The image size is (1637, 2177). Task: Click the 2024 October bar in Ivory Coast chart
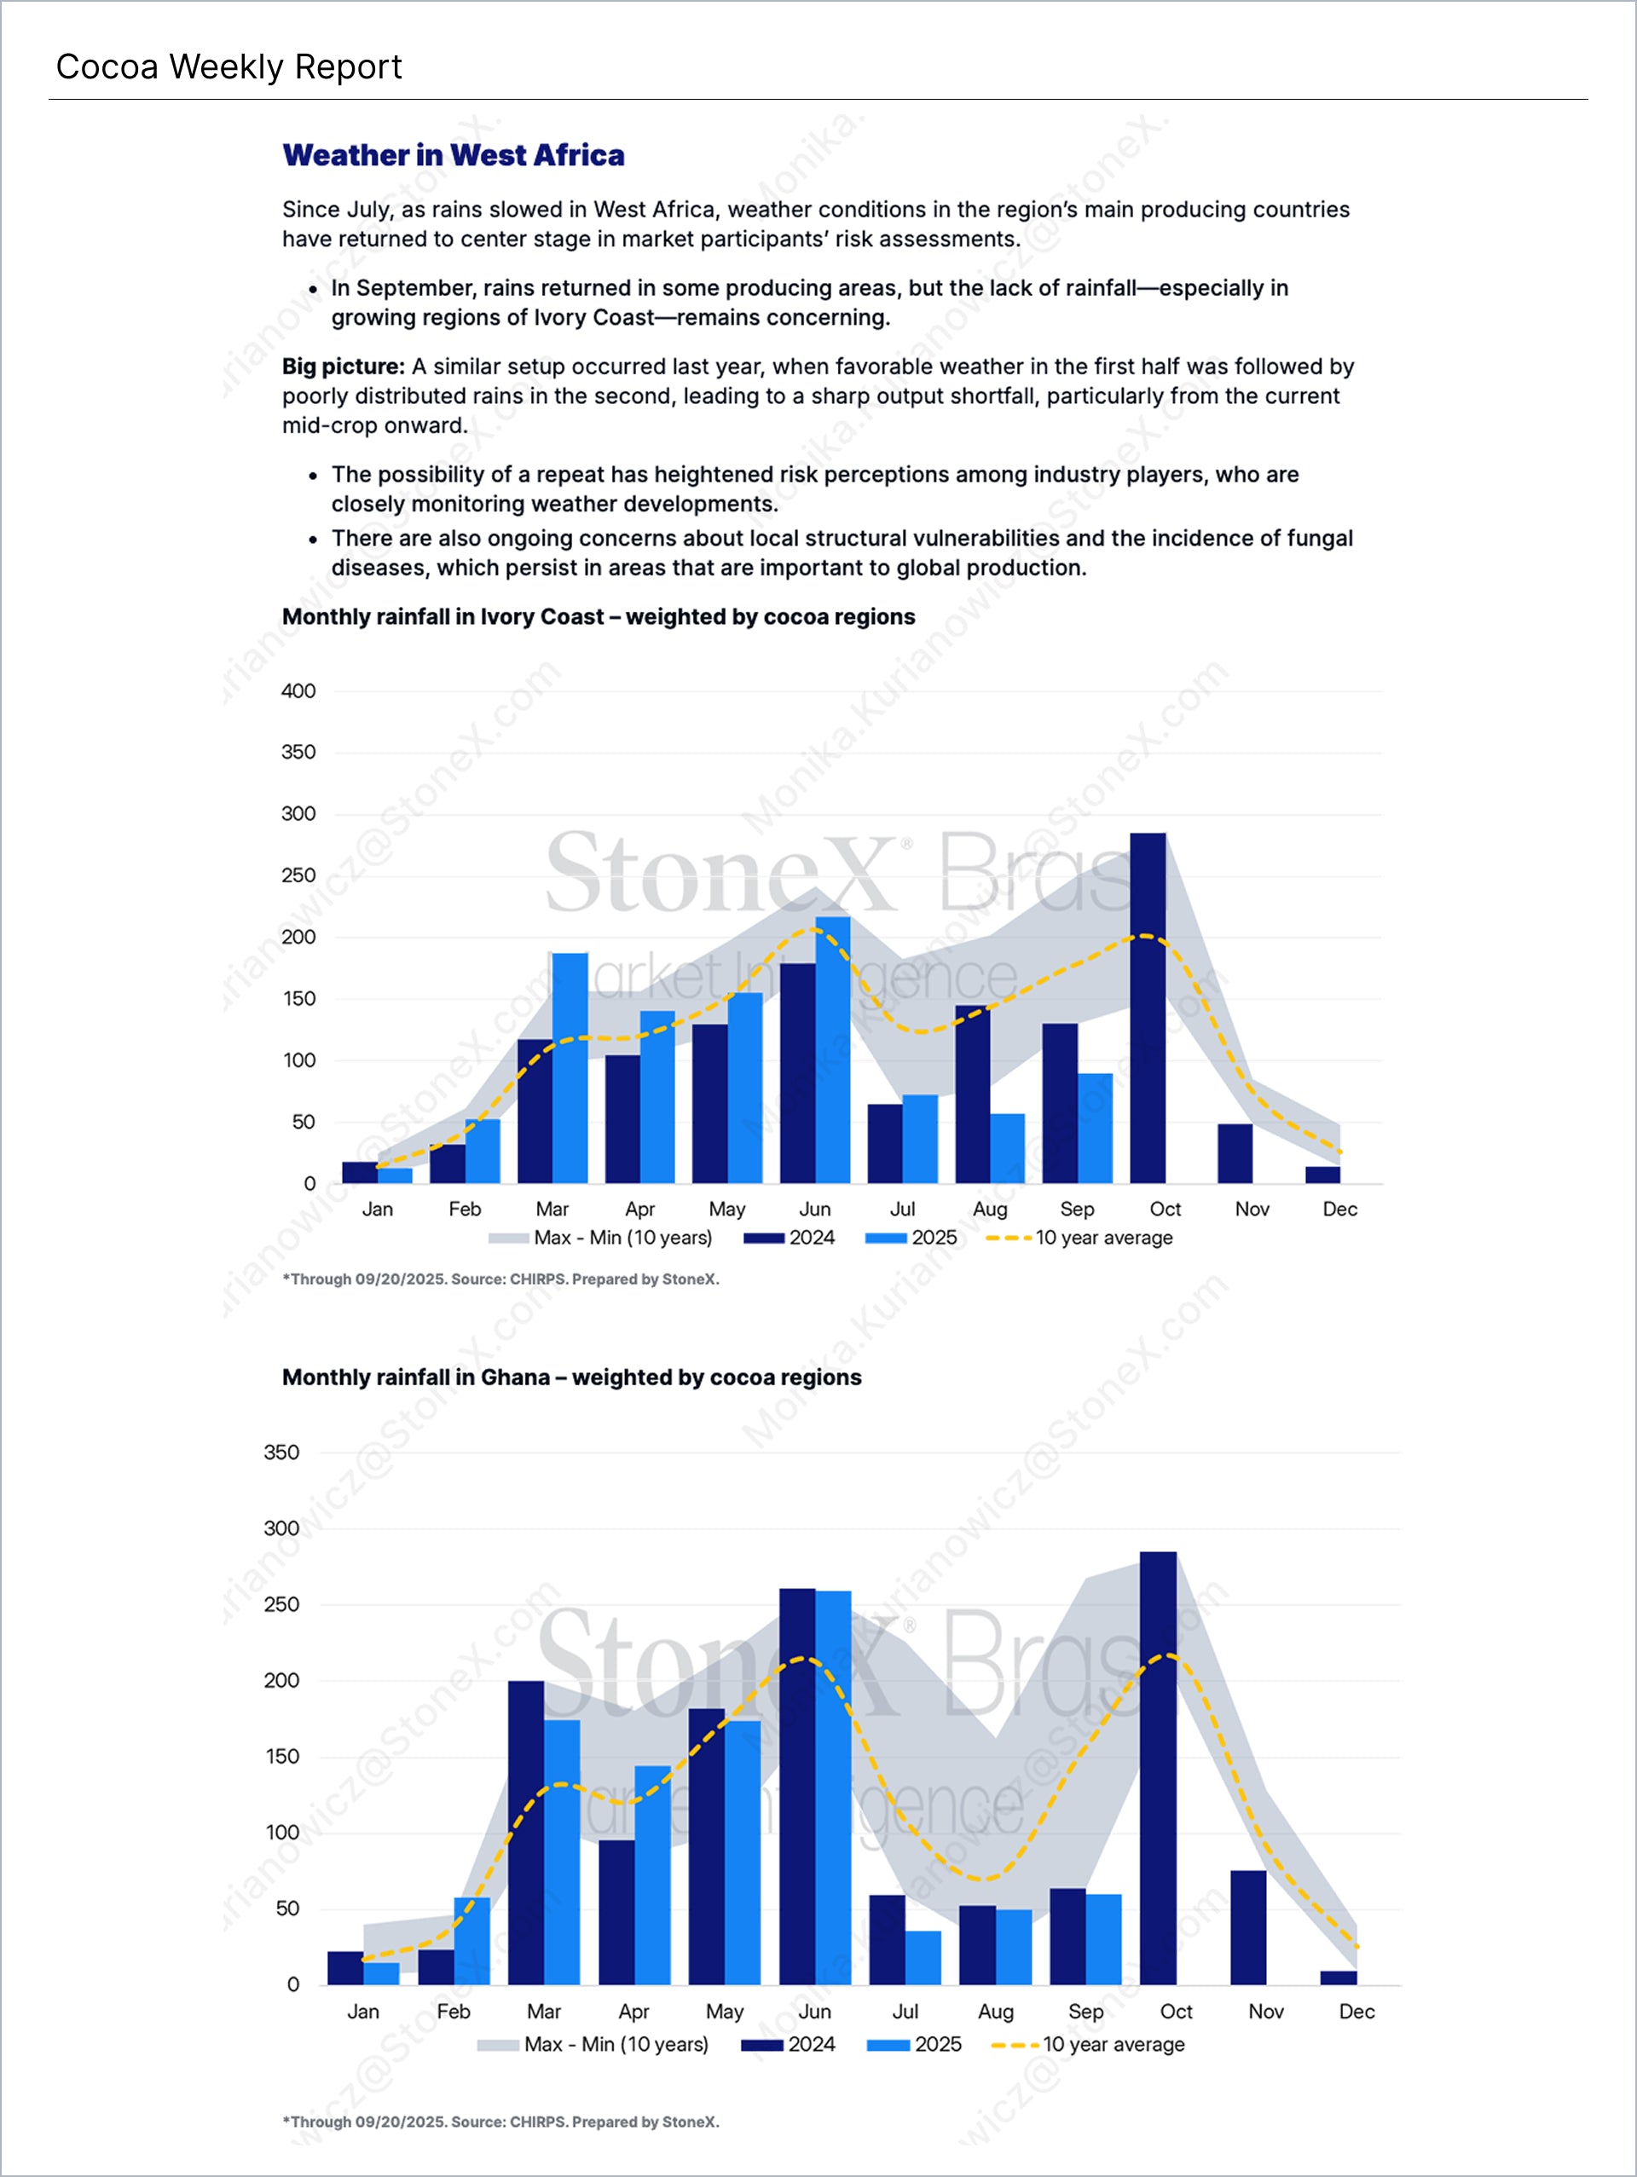[x=1148, y=1008]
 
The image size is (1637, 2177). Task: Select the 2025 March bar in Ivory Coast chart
[x=570, y=1068]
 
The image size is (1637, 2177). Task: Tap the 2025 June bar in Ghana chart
[x=834, y=1787]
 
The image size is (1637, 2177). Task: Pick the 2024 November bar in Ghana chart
[x=1248, y=1927]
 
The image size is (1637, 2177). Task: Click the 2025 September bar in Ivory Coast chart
[x=1095, y=1128]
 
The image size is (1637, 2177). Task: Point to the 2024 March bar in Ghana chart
[x=526, y=1833]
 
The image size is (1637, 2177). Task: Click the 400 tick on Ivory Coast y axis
[x=298, y=691]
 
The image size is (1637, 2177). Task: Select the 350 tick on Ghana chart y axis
[x=281, y=1452]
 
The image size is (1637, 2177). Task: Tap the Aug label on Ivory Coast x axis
[x=989, y=1209]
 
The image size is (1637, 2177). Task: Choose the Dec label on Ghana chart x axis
[x=1356, y=2012]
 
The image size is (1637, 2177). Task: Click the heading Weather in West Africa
[x=453, y=155]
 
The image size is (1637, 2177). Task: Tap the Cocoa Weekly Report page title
[x=228, y=67]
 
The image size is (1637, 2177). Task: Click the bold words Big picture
[x=343, y=367]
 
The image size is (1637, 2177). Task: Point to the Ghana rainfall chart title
[x=571, y=1377]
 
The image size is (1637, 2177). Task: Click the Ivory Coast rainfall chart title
[x=598, y=617]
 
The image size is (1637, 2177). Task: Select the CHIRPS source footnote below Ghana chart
[x=500, y=2122]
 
